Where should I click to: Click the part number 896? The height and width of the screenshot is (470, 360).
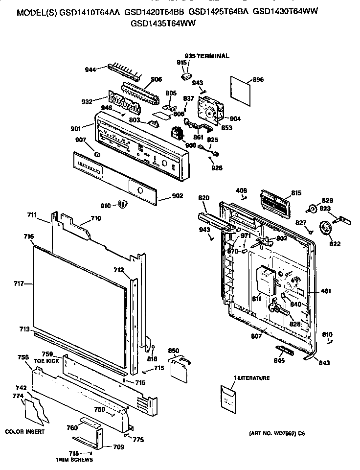click(x=258, y=80)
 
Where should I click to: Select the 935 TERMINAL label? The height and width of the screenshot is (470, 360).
click(x=206, y=56)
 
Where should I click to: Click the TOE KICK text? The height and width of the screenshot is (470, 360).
click(x=46, y=360)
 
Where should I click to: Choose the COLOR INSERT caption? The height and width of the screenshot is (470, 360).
click(x=25, y=431)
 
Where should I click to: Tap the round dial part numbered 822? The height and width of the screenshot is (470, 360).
click(x=323, y=228)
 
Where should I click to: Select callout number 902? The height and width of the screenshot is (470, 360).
click(x=178, y=196)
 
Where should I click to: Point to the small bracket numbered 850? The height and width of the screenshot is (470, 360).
click(x=180, y=365)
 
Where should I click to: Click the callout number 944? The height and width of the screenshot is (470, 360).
click(x=90, y=70)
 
